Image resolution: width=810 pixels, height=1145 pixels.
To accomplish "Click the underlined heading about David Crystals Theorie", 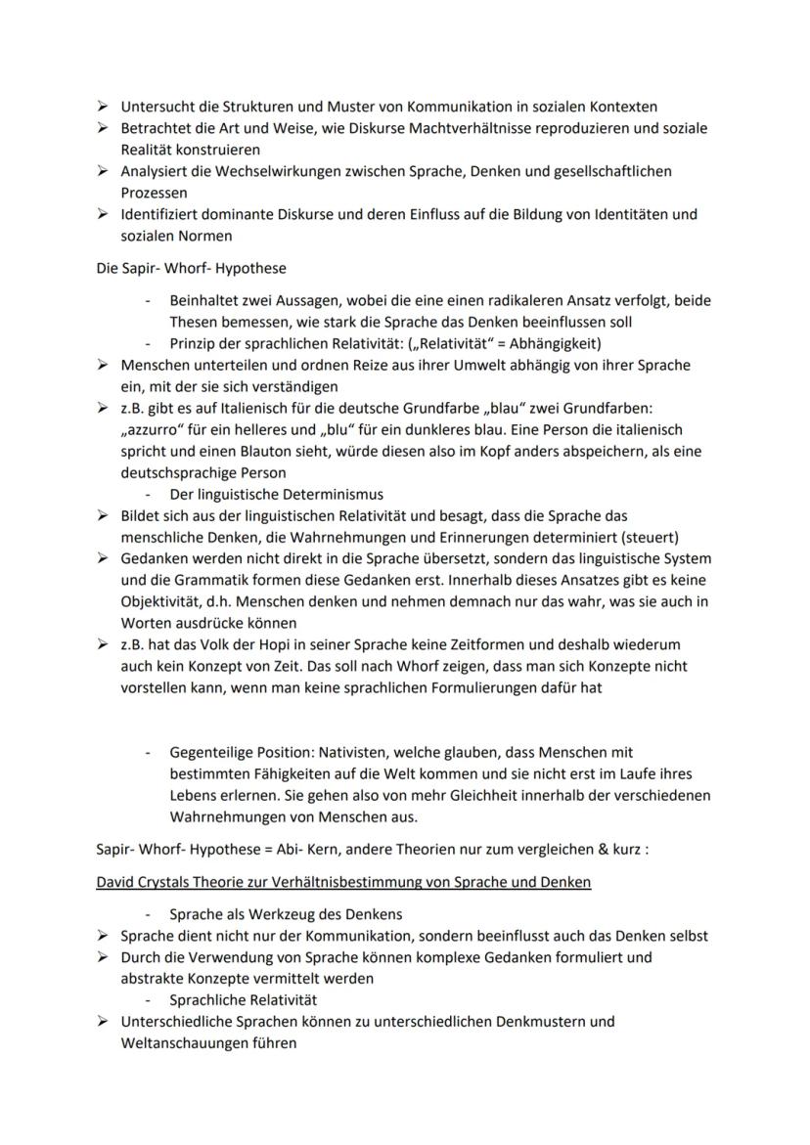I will pyautogui.click(x=342, y=882).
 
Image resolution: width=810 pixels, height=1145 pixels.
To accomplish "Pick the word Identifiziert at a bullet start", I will pyautogui.click(x=159, y=213).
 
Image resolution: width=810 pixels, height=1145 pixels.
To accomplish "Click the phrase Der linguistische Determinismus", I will pyautogui.click(x=276, y=494).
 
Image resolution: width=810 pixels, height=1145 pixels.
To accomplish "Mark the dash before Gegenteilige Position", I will pyautogui.click(x=147, y=753).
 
